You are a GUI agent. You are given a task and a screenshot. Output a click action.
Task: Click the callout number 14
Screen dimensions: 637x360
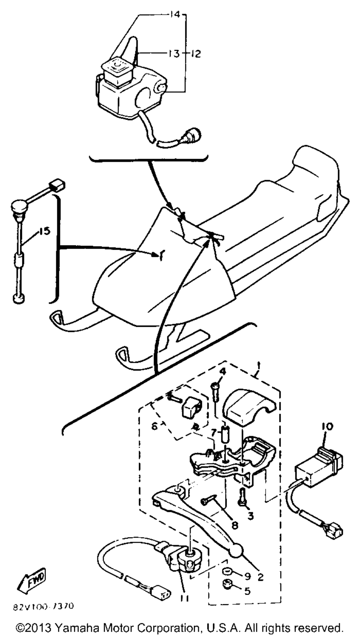pyautogui.click(x=175, y=15)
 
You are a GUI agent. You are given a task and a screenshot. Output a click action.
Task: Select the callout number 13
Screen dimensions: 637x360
pyautogui.click(x=174, y=54)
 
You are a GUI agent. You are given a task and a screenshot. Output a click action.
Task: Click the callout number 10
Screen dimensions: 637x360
pyautogui.click(x=328, y=427)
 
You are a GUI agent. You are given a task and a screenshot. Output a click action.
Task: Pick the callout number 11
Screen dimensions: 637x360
pyautogui.click(x=185, y=598)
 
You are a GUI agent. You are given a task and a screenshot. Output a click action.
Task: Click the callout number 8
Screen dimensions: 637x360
pyautogui.click(x=235, y=525)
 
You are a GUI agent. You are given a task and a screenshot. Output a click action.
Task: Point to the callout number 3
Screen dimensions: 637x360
pyautogui.click(x=250, y=516)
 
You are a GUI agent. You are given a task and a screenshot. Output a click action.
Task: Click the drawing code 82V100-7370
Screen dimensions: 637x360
pyautogui.click(x=43, y=606)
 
